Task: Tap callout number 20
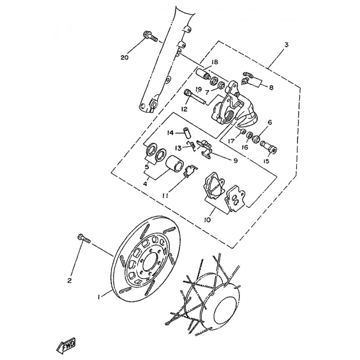[125, 58]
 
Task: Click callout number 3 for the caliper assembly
[286, 44]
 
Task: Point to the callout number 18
[215, 62]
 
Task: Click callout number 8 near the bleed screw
[271, 87]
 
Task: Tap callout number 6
[270, 122]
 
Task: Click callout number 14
[171, 133]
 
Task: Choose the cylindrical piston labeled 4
[175, 163]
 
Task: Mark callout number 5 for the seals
[147, 166]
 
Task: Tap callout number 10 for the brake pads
[207, 220]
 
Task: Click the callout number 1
[99, 297]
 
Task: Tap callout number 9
[235, 161]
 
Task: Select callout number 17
[231, 141]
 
